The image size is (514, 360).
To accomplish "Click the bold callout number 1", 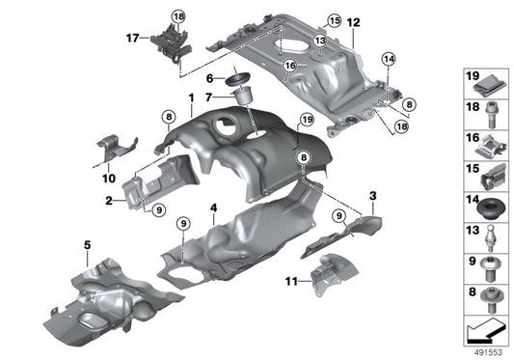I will pyautogui.click(x=191, y=98).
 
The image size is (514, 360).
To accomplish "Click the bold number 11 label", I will pyautogui.click(x=292, y=281).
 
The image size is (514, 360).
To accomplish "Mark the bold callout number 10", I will pyautogui.click(x=106, y=179).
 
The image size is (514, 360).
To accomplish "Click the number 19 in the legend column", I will pyautogui.click(x=473, y=76).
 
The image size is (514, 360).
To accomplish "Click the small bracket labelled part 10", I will pyautogui.click(x=113, y=152).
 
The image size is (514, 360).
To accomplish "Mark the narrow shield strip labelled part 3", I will pyautogui.click(x=338, y=235).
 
